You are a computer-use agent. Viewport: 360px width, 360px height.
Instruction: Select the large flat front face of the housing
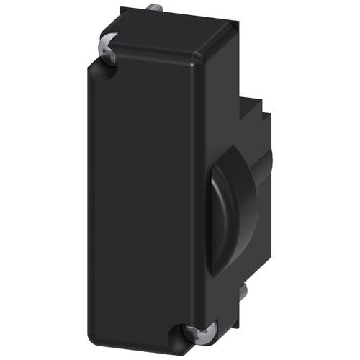click(x=144, y=194)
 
